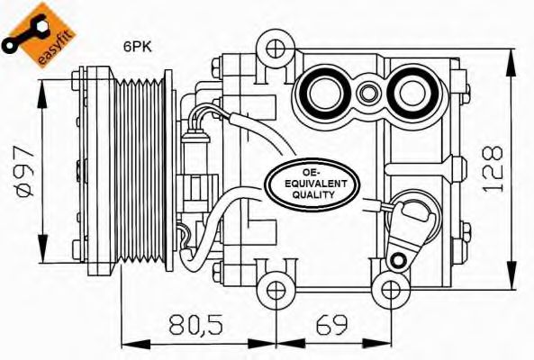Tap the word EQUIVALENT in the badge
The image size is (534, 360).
(x=312, y=183)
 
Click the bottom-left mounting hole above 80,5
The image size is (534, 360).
(x=276, y=289)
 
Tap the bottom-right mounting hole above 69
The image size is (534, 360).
(x=389, y=289)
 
